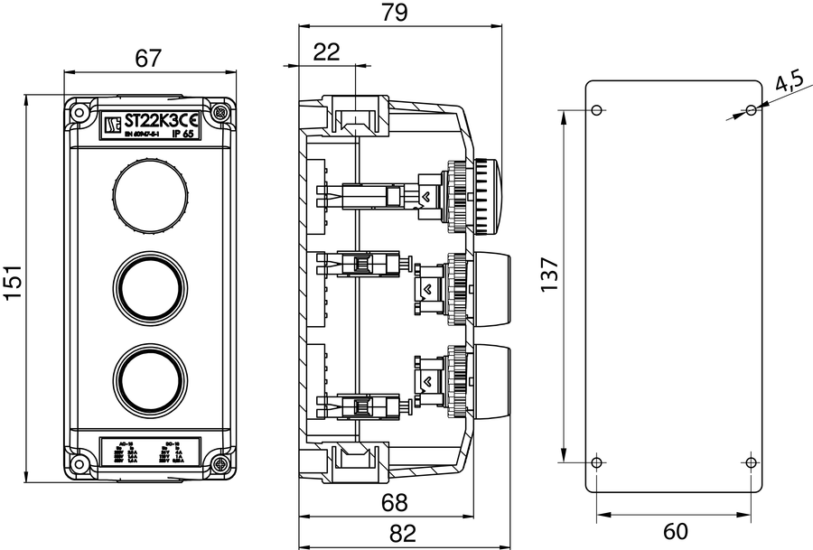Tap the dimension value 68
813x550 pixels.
pyautogui.click(x=395, y=502)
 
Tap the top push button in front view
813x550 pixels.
pyautogui.click(x=150, y=189)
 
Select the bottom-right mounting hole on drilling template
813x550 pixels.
pyautogui.click(x=752, y=462)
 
